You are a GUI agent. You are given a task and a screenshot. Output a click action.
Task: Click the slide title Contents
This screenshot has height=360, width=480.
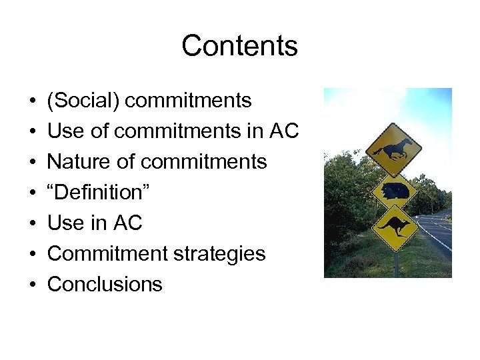click(x=239, y=46)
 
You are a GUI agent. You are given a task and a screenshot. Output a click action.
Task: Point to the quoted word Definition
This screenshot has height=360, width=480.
click(x=99, y=193)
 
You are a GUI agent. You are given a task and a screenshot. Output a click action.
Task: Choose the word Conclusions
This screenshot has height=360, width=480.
click(x=105, y=285)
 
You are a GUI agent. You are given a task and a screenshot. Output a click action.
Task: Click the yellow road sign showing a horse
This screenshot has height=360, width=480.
click(x=396, y=150)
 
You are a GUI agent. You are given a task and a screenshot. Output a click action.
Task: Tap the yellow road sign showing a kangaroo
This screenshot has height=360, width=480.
click(x=396, y=227)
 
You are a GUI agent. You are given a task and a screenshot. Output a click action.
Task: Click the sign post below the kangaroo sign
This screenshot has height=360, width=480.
click(x=396, y=265)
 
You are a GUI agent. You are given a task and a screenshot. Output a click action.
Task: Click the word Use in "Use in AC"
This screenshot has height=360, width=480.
click(x=66, y=223)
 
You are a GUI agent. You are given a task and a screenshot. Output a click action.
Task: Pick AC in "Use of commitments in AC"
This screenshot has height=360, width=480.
click(x=284, y=131)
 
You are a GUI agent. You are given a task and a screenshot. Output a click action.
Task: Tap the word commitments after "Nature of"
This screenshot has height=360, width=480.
click(x=212, y=162)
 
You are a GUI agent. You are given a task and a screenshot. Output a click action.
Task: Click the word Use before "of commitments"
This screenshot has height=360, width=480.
click(x=66, y=131)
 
